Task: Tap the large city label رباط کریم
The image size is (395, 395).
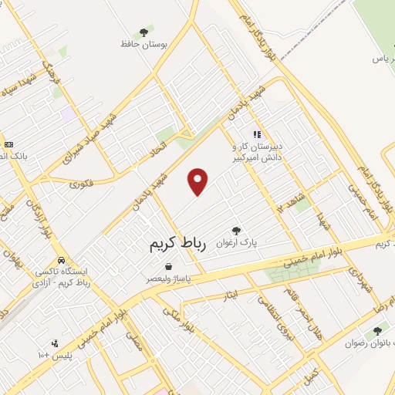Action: [181, 244]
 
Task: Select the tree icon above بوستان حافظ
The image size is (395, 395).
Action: [143, 32]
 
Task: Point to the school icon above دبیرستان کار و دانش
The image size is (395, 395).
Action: [257, 134]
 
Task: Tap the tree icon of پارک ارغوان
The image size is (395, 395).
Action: [235, 230]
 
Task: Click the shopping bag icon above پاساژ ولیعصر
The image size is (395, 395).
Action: [168, 266]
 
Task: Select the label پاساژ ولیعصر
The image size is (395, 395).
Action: [168, 279]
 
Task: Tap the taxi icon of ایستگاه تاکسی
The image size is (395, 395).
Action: [61, 261]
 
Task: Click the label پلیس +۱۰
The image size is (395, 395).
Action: [54, 355]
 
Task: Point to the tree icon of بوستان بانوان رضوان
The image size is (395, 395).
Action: [377, 331]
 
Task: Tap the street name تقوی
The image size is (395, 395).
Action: [80, 184]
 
